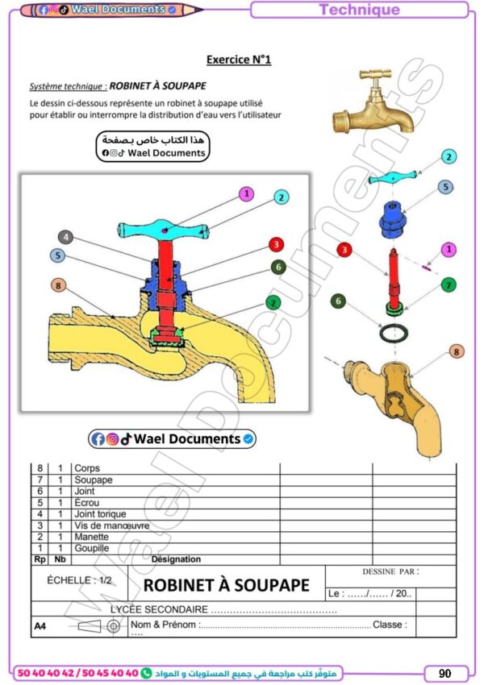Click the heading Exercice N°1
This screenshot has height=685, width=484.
pos(239,60)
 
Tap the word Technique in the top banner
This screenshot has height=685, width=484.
pos(359,10)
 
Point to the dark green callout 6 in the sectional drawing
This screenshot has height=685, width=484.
pos(277,267)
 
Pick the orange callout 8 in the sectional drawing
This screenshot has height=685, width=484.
pos(57,284)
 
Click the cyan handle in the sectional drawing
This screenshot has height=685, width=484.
pos(165,230)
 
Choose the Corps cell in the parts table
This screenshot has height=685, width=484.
pos(87,468)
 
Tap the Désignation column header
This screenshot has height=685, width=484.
pos(176,559)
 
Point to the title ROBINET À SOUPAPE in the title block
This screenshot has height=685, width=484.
pos(227,585)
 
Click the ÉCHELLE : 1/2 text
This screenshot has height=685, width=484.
pos(79,579)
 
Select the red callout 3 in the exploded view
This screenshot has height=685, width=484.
pos(344,251)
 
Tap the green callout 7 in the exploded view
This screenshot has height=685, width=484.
pos(449,284)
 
